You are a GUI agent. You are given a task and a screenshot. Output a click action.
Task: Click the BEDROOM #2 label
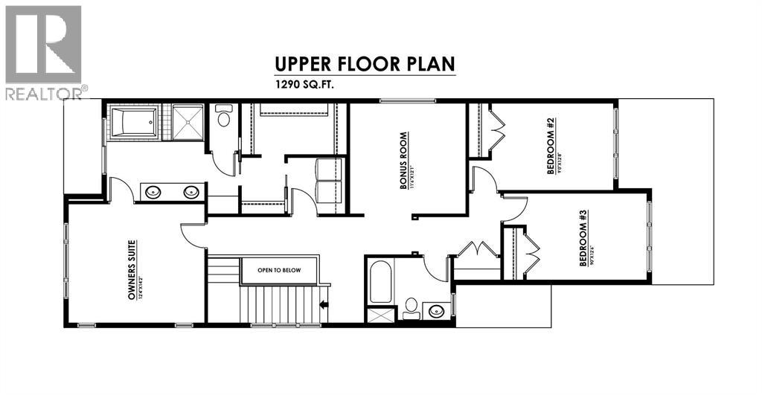554,146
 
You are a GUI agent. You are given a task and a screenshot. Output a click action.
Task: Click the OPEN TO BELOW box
279,270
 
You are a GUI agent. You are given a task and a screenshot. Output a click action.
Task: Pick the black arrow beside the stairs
324,304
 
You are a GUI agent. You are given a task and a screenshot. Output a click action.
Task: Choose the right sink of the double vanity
190,192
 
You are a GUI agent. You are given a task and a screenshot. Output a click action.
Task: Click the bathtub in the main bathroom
380,282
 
